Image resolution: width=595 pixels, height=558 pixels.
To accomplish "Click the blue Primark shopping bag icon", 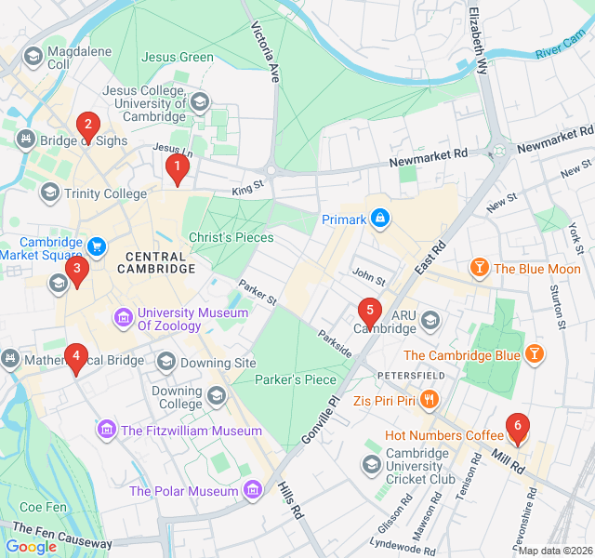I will click(378, 219).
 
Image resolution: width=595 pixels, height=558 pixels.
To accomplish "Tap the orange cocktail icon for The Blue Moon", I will click(479, 269).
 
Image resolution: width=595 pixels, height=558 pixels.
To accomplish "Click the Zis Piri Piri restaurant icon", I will click(429, 400).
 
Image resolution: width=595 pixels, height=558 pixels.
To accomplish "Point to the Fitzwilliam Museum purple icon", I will click(107, 431).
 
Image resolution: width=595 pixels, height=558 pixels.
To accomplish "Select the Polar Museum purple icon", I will click(252, 490).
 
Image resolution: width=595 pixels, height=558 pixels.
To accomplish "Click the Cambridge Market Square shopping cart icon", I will click(97, 246).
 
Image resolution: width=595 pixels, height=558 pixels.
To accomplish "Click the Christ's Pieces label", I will click(231, 237).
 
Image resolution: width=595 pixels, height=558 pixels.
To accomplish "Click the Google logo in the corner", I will click(31, 547).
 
